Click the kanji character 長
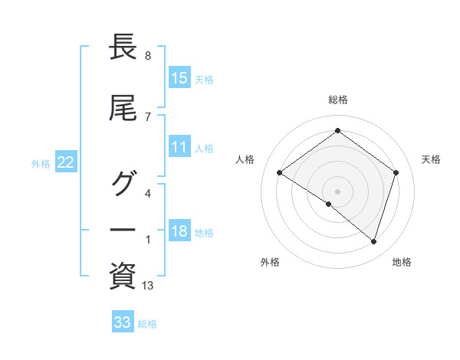[123, 48]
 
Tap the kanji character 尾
[123, 109]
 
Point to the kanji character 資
[123, 275]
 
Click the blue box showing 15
[179, 78]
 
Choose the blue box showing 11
[179, 148]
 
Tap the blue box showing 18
[179, 232]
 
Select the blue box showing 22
[66, 162]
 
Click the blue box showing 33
[123, 322]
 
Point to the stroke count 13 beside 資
[148, 286]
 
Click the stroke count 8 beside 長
[147, 56]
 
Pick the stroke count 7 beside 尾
[147, 116]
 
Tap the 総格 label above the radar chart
[338, 100]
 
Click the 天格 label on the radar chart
[432, 159]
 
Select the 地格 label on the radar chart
[402, 262]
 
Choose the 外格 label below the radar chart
[270, 262]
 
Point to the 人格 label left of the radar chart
[245, 159]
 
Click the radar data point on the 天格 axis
[396, 172]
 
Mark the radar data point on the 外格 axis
[329, 204]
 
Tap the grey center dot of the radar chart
[337, 191]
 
